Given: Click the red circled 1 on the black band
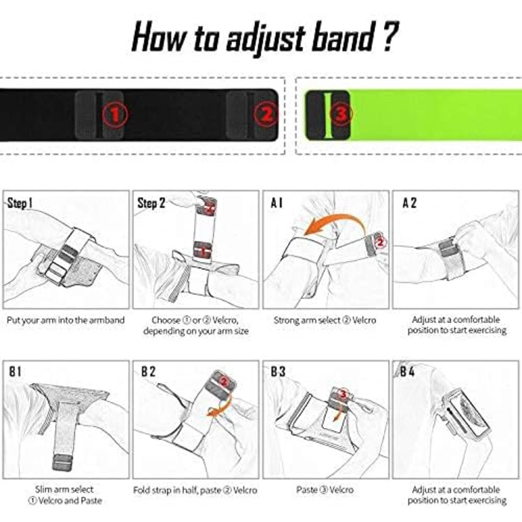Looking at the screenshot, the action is [x=115, y=115].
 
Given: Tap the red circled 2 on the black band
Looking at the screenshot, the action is [x=265, y=114].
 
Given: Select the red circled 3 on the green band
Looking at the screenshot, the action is [x=342, y=114].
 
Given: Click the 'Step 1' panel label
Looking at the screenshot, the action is [x=19, y=203].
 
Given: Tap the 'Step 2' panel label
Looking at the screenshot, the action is [x=151, y=203].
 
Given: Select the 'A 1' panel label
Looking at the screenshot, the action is [x=276, y=203].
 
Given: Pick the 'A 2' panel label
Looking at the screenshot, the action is [x=409, y=203].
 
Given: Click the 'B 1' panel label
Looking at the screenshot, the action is [x=15, y=371].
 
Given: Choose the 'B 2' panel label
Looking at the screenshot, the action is [x=148, y=371].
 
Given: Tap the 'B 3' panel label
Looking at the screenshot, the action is [x=278, y=371].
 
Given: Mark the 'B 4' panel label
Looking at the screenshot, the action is [x=407, y=371].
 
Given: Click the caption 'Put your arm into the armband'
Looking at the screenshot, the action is [x=66, y=320].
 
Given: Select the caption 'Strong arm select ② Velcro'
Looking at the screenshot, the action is [x=324, y=320].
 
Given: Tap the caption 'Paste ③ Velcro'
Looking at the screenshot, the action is [x=324, y=490].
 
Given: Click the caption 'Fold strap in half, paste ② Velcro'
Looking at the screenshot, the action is [x=195, y=490].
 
